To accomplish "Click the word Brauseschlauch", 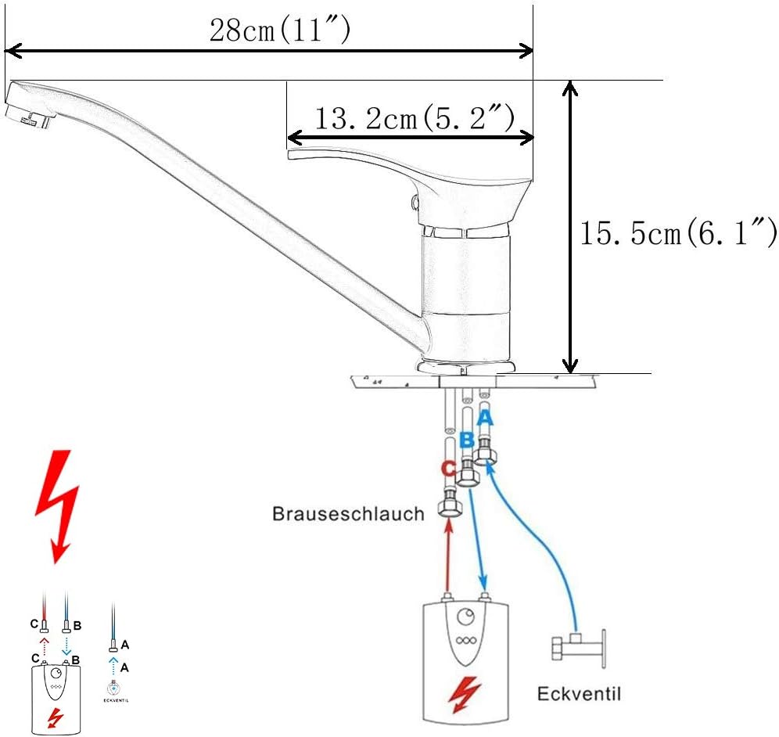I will (x=348, y=514).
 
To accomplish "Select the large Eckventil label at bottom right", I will (x=578, y=694).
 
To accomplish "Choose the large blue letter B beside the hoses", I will (x=466, y=441).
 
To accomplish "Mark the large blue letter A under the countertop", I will (x=486, y=418).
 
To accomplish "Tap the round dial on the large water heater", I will (x=468, y=616).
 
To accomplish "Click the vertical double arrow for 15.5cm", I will (x=572, y=227).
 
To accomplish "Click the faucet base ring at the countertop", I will (x=468, y=366).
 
